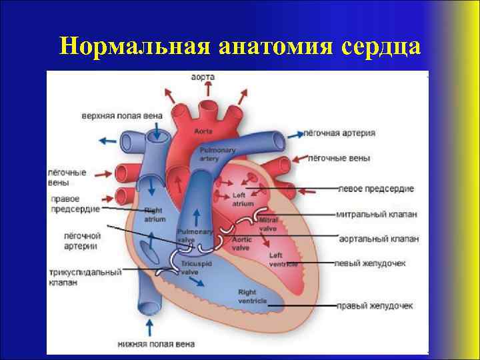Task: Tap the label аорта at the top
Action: click(201, 77)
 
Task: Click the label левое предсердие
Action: click(377, 189)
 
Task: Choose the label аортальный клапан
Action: click(378, 239)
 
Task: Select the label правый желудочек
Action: click(375, 306)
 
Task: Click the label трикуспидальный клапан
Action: click(84, 277)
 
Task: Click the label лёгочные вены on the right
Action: click(339, 158)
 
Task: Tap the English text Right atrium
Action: click(155, 214)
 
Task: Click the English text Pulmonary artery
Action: click(217, 155)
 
